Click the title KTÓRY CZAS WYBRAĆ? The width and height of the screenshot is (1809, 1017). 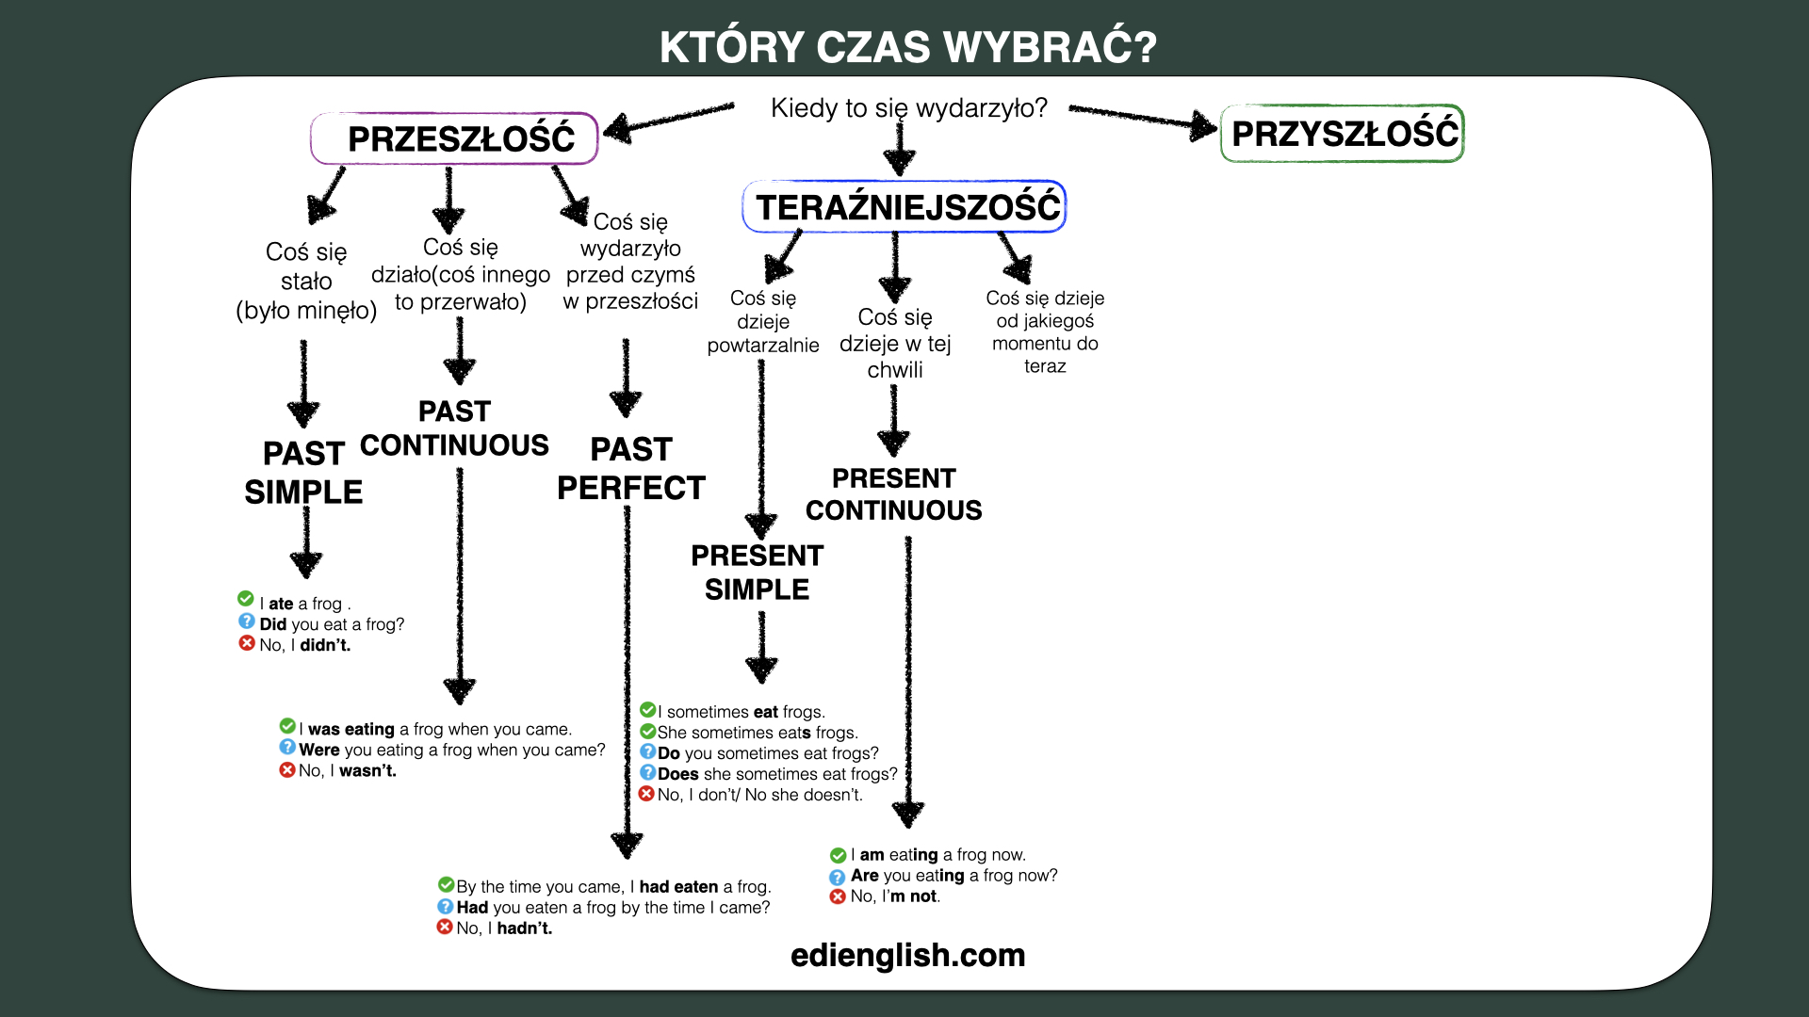(907, 47)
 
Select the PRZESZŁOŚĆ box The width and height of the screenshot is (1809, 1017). (455, 138)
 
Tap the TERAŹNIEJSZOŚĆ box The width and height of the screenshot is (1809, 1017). (904, 206)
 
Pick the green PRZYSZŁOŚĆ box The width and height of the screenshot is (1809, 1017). (1343, 133)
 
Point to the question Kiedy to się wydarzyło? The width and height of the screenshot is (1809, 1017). (909, 108)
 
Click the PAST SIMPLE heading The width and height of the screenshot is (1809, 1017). (303, 473)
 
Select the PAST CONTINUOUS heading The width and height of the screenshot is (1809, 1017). (454, 428)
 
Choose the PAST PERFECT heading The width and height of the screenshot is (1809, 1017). (631, 469)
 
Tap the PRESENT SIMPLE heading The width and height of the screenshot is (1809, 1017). (758, 573)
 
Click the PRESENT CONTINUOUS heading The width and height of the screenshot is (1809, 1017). (894, 494)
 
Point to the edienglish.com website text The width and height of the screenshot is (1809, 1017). (908, 955)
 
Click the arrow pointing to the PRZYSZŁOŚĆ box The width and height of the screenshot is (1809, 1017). (1144, 119)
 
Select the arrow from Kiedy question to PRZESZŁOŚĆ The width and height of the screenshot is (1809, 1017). (668, 121)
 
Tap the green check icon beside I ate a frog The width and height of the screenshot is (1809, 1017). (246, 599)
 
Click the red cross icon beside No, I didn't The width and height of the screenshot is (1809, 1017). (247, 643)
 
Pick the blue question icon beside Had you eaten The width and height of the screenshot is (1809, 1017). (446, 906)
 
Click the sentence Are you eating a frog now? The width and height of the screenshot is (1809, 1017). (954, 876)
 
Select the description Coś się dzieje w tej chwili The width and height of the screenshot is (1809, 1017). (895, 343)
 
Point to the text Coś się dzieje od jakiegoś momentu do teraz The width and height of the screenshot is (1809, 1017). (1045, 331)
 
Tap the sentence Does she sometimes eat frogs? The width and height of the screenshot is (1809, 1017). (778, 774)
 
